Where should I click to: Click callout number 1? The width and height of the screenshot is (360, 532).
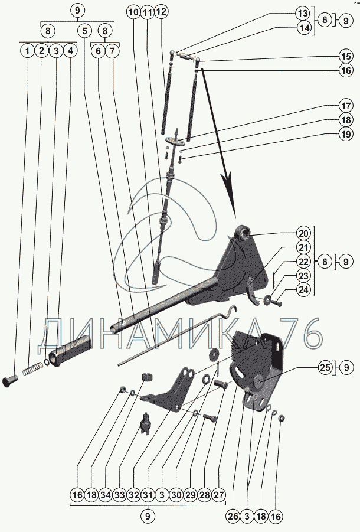point(27,51)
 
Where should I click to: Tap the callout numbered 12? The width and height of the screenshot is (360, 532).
point(161,12)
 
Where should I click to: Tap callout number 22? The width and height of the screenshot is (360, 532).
point(303,262)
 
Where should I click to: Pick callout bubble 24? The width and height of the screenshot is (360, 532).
point(303,289)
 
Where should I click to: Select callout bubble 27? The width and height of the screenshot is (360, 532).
point(218,495)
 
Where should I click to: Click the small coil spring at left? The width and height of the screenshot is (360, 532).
point(34,371)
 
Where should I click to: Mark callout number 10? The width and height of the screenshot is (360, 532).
point(133,12)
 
